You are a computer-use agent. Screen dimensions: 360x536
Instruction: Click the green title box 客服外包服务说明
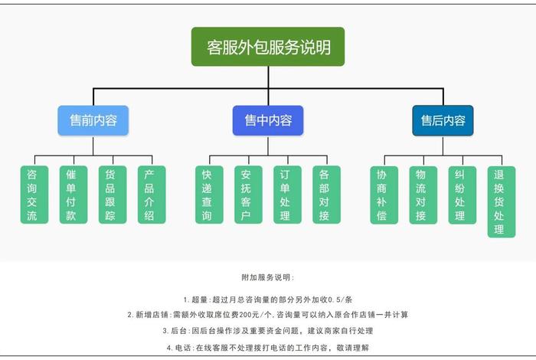pos(268,47)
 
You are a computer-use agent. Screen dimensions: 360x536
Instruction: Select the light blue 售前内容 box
pos(93,121)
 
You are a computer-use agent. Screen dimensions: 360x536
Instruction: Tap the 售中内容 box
pos(268,121)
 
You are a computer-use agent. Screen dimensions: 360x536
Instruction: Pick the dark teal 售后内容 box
pos(443,121)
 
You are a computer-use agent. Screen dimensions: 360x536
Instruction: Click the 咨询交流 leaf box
pos(32,195)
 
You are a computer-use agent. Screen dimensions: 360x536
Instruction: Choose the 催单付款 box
pos(71,195)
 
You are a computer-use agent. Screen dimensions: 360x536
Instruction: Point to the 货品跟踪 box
pos(111,195)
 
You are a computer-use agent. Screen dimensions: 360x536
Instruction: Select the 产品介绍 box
pos(150,195)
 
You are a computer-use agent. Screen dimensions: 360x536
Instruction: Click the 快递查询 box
pos(207,195)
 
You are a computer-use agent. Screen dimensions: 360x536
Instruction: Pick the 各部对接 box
pos(325,195)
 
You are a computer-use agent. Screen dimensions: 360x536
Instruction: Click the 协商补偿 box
pos(382,195)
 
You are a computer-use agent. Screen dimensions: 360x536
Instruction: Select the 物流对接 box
pos(421,195)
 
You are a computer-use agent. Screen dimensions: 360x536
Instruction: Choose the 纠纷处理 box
pos(461,195)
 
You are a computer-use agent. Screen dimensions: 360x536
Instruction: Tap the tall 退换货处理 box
pos(501,201)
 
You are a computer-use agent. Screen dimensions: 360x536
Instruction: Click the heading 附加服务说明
pos(267,277)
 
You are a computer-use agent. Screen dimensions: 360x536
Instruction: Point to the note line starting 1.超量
pos(267,299)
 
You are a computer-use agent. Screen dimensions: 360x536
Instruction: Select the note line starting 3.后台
pos(267,331)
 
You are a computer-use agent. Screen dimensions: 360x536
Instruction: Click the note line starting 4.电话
pos(267,347)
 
